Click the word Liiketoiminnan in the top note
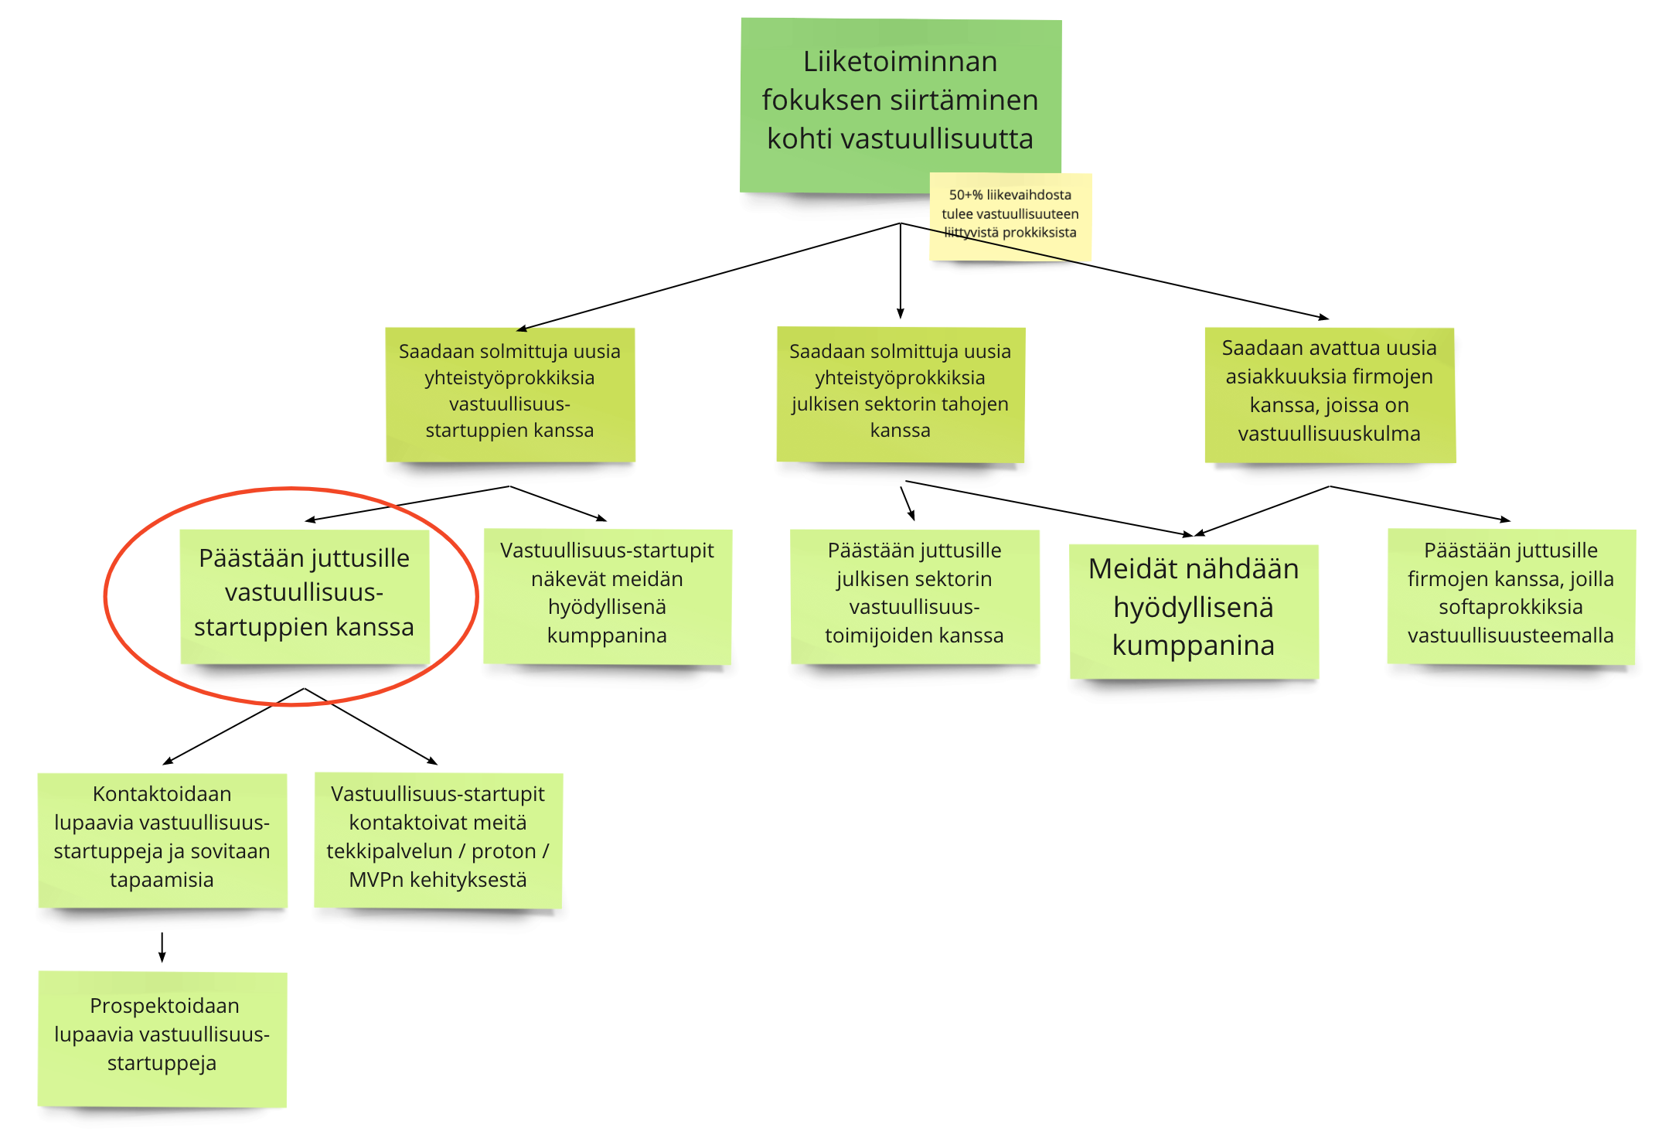[900, 62]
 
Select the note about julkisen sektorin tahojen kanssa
[900, 394]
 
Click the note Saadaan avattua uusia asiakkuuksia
[1329, 394]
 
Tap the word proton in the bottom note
[503, 851]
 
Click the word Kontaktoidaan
[162, 794]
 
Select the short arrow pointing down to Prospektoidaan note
[162, 946]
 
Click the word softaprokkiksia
[1510, 607]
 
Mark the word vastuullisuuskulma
[1329, 434]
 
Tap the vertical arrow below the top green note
[900, 271]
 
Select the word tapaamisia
[162, 880]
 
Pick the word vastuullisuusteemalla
[1510, 636]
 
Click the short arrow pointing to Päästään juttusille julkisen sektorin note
[908, 503]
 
